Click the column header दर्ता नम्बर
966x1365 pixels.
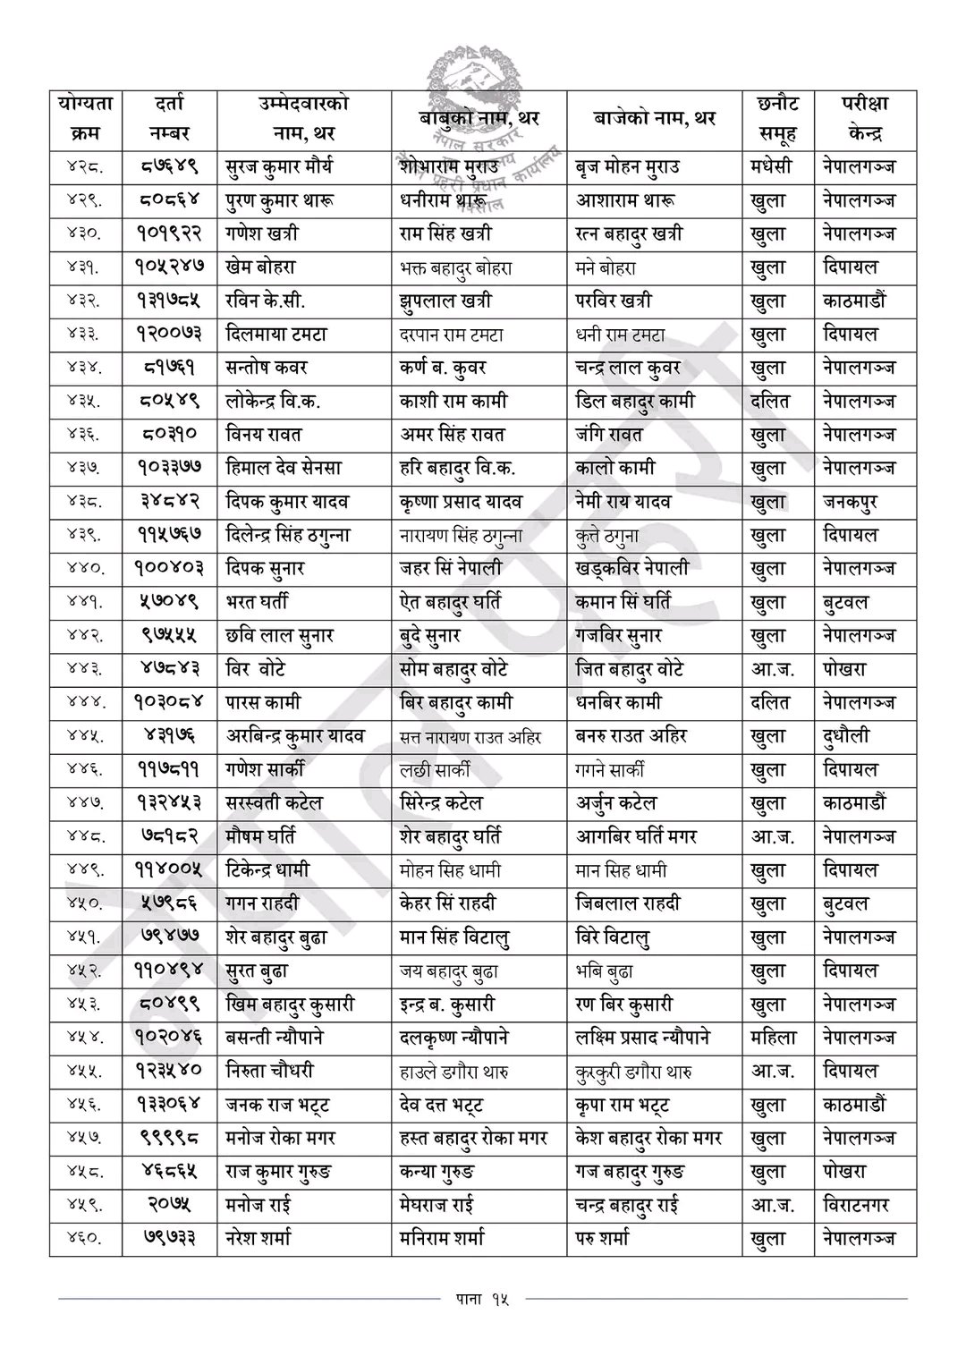coord(169,119)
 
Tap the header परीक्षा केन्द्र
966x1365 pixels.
coord(864,119)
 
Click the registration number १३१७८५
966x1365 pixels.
coord(169,301)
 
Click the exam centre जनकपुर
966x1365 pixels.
coord(850,502)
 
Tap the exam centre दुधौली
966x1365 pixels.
coord(846,736)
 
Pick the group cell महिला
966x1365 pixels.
coord(774,1039)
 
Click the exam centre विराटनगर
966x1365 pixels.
coord(856,1206)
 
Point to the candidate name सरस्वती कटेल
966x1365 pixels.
coord(275,803)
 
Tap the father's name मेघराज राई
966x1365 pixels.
coord(436,1206)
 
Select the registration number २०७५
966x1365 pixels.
coord(169,1206)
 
